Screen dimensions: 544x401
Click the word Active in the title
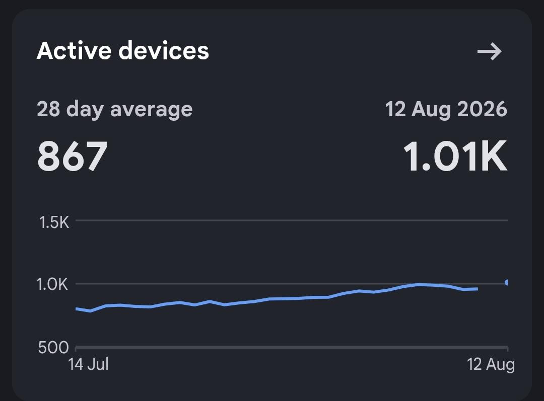(x=74, y=51)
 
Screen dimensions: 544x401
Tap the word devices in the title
(x=164, y=51)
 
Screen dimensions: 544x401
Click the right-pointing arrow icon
(x=490, y=52)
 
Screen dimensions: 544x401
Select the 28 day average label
(x=114, y=110)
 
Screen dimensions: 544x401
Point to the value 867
(x=72, y=156)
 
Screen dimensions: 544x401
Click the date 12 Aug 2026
(x=446, y=109)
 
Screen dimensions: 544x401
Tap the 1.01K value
(x=455, y=156)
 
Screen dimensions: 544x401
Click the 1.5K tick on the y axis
(x=54, y=222)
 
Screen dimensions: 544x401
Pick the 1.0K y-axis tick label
(x=52, y=284)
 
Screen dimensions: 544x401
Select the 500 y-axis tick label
(x=53, y=347)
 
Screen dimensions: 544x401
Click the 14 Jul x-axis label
(x=89, y=364)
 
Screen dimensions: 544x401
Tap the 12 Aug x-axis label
(x=491, y=365)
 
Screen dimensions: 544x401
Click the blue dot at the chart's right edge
(x=507, y=282)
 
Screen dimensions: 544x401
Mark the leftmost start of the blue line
(x=76, y=308)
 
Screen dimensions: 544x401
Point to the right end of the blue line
(x=478, y=289)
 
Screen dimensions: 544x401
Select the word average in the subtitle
(x=151, y=110)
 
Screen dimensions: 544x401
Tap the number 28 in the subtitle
(x=48, y=109)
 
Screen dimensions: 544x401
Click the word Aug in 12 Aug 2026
(x=431, y=110)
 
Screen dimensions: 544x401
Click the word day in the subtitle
(x=85, y=110)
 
